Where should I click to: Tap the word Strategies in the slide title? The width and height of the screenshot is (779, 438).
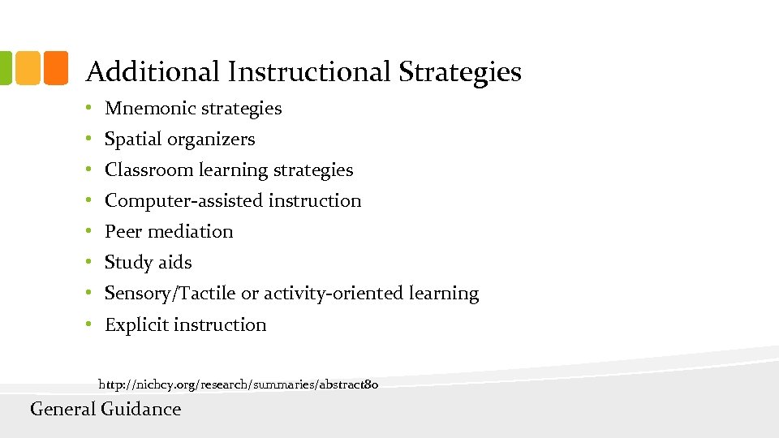click(x=459, y=72)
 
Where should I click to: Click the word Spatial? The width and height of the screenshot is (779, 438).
click(x=133, y=140)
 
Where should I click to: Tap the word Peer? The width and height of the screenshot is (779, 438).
click(x=123, y=232)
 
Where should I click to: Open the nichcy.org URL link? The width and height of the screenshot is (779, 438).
click(x=239, y=382)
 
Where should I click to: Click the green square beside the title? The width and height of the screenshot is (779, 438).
click(x=4, y=68)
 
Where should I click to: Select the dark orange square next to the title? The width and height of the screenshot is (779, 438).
click(x=55, y=68)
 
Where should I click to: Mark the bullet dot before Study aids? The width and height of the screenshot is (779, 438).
click(x=92, y=263)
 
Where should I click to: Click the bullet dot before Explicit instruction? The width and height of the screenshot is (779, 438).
click(x=92, y=325)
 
